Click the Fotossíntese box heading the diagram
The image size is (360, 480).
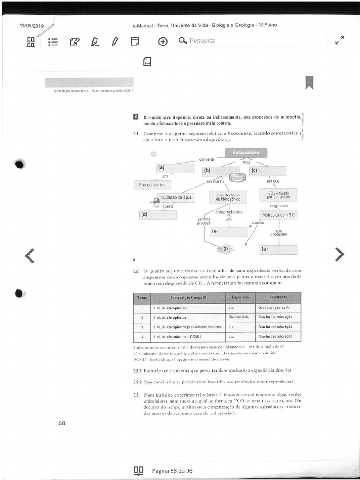pyautogui.click(x=246, y=153)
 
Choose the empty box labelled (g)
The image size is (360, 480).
pyautogui.click(x=278, y=249)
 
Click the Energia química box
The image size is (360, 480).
pyautogui.click(x=152, y=185)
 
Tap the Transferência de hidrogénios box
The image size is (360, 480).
pyautogui.click(x=228, y=197)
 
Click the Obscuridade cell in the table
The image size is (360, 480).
pyautogui.click(x=240, y=317)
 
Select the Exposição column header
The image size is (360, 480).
pyautogui.click(x=240, y=298)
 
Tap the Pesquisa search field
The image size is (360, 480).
pyautogui.click(x=253, y=41)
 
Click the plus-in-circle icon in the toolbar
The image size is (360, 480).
pyautogui.click(x=163, y=42)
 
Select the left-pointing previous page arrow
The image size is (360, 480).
pyautogui.click(x=30, y=255)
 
